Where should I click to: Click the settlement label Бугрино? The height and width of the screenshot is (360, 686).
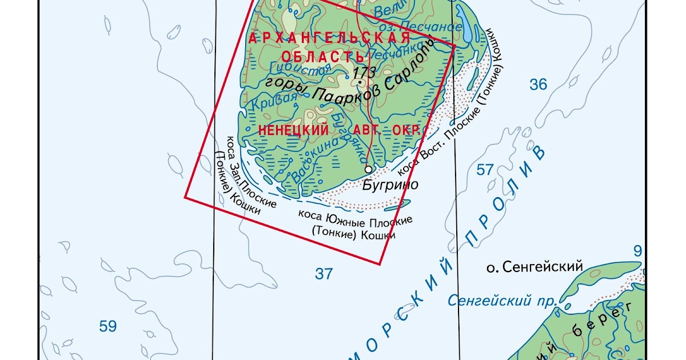pos(390,185)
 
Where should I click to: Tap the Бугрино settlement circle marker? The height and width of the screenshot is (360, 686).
pos(368,169)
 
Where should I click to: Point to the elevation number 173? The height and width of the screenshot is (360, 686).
pos(364,73)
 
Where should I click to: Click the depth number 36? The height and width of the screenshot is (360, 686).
pos(538,85)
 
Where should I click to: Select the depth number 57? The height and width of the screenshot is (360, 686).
pos(485,169)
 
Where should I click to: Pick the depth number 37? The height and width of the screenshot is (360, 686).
pos(324,274)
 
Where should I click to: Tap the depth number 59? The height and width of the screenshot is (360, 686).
pos(107,326)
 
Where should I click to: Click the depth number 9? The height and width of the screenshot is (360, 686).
pos(638,250)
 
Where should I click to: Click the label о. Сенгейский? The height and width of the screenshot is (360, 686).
pos(533,266)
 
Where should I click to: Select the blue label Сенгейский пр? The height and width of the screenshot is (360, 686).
pos(494,299)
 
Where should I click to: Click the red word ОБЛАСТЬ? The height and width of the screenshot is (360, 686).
pos(323,56)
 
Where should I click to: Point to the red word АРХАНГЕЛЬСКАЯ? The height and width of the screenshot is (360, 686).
pos(330,39)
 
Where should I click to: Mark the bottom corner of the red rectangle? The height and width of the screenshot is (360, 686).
pos(380,264)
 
